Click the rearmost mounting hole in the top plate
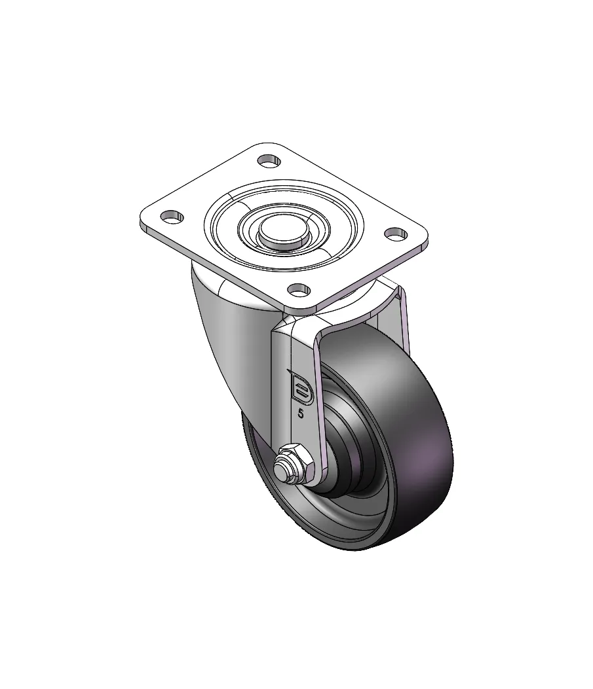tap(269, 161)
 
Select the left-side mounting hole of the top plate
tap(172, 217)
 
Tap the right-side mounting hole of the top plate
tap(396, 234)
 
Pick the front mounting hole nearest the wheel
tap(299, 290)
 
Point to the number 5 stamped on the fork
tap(301, 414)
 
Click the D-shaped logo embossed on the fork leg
tap(300, 387)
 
